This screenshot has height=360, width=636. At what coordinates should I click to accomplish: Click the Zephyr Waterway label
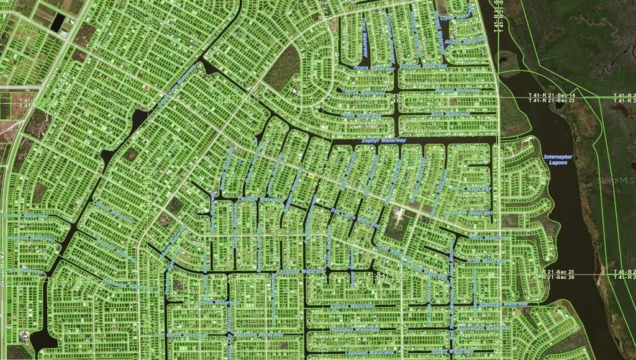click(383, 141)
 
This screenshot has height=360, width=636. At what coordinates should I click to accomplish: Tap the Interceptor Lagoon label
click(558, 160)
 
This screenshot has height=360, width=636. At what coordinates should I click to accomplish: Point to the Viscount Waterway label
click(423, 65)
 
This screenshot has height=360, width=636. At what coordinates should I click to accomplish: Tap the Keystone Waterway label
click(301, 271)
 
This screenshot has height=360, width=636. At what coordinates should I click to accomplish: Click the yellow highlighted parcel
click(310, 176)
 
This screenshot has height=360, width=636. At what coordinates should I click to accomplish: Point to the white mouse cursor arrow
click(295, 91)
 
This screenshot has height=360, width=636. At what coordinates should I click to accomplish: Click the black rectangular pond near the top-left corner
click(58, 23)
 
